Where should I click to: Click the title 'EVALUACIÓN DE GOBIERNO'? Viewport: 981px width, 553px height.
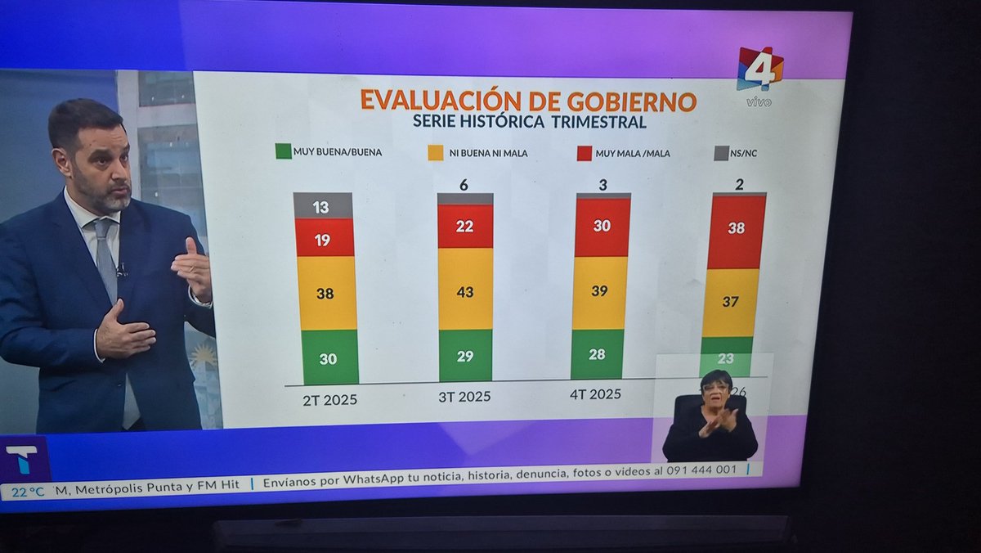coord(528,101)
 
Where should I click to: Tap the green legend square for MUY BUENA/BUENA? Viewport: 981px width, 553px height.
coord(284,151)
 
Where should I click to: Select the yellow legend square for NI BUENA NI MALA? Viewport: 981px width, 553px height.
coord(435,152)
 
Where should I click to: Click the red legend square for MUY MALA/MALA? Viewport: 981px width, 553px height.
coord(584,153)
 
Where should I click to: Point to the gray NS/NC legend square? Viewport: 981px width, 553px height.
coord(722,152)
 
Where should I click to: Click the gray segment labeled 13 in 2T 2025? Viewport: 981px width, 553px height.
coord(322,206)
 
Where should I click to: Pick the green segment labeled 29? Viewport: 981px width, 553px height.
coord(465,355)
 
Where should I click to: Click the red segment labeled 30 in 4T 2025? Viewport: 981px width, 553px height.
coord(602,227)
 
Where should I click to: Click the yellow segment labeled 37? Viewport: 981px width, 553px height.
coord(730,302)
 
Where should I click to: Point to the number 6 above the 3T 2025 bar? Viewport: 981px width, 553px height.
coord(464,185)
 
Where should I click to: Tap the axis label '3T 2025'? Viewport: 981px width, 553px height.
coord(464,397)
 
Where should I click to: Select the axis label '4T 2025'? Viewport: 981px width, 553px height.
coord(595,393)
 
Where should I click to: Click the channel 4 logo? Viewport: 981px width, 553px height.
coord(759,70)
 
